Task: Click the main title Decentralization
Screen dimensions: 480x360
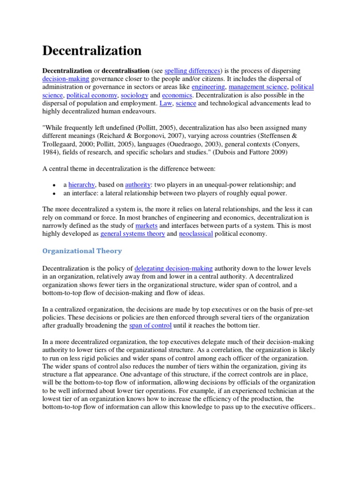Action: [x=92, y=51]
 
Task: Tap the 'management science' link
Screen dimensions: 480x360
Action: [x=258, y=87]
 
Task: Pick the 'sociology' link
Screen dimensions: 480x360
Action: [x=135, y=96]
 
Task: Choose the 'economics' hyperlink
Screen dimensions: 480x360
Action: [x=177, y=96]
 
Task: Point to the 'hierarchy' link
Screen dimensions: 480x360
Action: [x=82, y=185]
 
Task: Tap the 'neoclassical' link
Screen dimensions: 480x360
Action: [x=195, y=234]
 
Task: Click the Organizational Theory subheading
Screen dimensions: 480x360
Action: [x=82, y=251]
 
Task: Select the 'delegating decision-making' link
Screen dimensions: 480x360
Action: [x=173, y=269]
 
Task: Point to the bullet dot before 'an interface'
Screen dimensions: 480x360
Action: [x=55, y=194]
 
